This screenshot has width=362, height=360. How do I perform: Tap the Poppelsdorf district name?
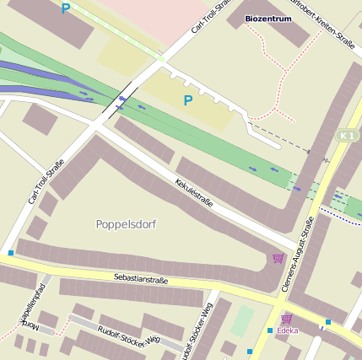(127, 224)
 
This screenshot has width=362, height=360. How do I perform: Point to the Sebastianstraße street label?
(141, 279)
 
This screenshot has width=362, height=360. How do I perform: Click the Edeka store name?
(287, 330)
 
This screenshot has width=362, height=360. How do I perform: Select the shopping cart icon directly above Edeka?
(287, 319)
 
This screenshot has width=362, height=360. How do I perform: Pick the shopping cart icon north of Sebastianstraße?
(278, 257)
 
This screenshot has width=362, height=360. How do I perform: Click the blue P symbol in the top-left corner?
(66, 9)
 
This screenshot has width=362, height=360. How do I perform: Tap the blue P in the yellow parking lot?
(188, 101)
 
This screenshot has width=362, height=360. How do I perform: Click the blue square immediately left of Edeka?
(270, 330)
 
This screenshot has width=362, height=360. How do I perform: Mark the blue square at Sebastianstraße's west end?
(11, 253)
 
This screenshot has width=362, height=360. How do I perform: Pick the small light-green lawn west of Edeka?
(243, 320)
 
